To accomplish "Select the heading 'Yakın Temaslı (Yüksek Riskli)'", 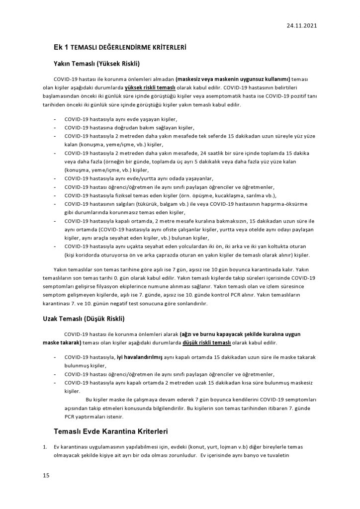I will [96, 64].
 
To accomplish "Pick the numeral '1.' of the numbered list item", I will [45, 447].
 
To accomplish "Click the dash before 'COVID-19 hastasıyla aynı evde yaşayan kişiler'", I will [55, 120].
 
